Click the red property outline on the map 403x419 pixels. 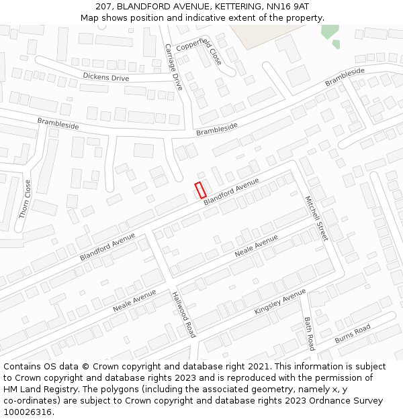(x=200, y=190)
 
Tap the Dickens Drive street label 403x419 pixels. (x=105, y=78)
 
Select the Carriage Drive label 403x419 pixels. (x=174, y=67)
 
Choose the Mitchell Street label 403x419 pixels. (x=316, y=219)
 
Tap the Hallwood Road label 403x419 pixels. (x=183, y=314)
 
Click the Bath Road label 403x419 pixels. (x=309, y=333)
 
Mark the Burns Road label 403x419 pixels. (x=353, y=333)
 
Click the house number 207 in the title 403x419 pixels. (x=104, y=6)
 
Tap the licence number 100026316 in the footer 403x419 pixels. (x=28, y=412)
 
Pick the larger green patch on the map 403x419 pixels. (x=329, y=31)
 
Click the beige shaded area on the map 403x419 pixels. (x=255, y=36)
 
